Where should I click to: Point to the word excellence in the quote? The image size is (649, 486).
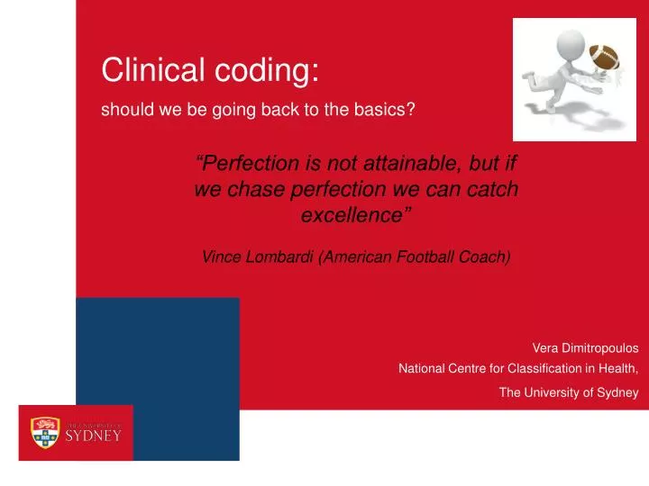coord(352,216)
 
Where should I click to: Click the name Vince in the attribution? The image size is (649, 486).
coord(220,257)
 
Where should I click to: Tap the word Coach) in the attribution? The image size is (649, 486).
coord(486,257)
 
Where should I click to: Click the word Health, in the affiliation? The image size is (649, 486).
coord(616,368)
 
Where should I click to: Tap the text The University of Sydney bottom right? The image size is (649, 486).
coord(568,391)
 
